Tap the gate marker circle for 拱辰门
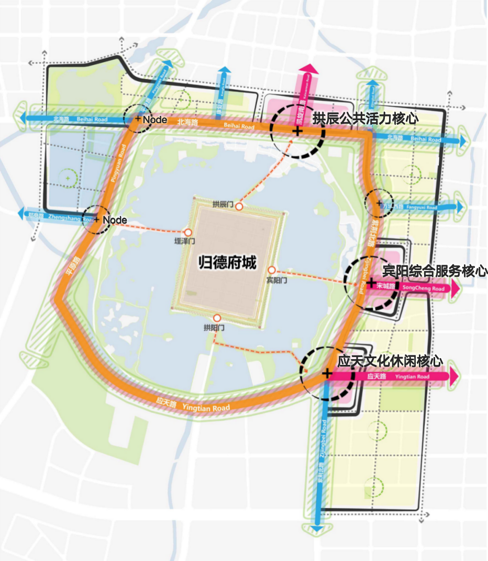tap(239, 207)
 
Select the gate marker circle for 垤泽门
tap(187, 232)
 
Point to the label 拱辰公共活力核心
tap(365, 118)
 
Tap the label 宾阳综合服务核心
tap(435, 271)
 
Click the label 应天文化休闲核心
tap(390, 361)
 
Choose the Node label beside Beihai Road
tap(154, 120)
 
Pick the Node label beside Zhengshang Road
tap(115, 220)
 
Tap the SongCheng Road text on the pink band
tap(424, 289)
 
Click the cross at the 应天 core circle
tap(327, 374)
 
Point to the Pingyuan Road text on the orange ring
tap(116, 167)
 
